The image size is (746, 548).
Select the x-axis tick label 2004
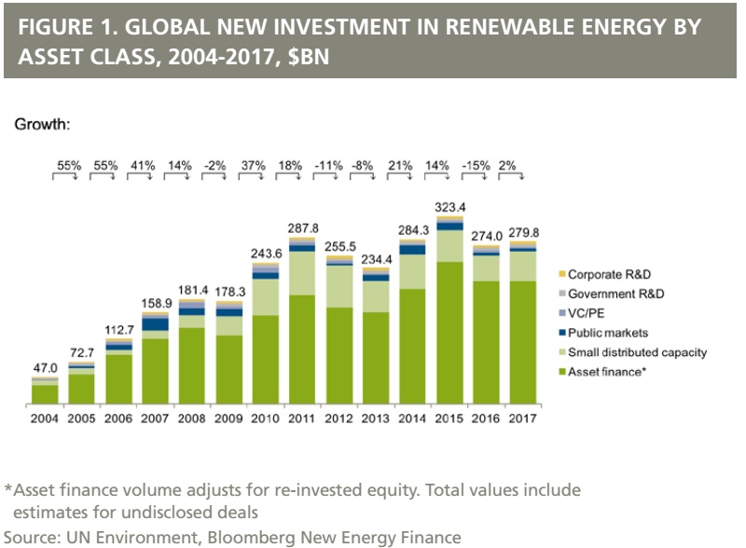[45, 418]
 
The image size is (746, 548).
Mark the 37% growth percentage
[253, 166]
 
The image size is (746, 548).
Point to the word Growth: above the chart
[43, 124]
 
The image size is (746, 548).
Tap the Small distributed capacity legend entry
[637, 352]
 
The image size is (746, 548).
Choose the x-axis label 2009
[228, 418]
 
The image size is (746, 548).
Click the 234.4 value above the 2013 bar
[376, 260]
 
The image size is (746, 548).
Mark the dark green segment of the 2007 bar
[155, 372]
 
